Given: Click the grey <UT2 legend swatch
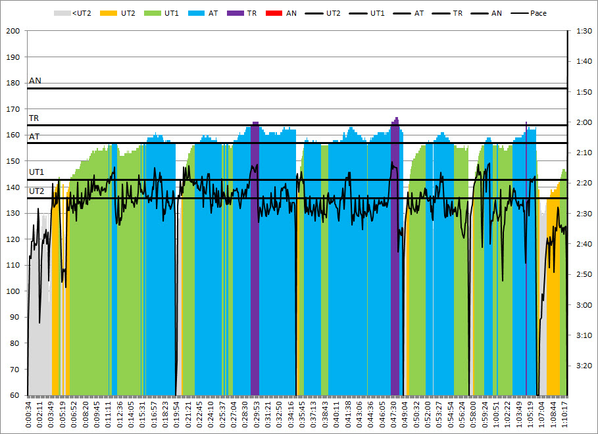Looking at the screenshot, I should click(x=62, y=12).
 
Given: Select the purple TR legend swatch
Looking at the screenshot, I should click(x=235, y=12).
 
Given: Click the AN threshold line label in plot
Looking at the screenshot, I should click(x=35, y=81).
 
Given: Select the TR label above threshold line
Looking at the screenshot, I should click(x=34, y=118).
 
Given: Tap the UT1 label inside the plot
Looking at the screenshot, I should click(x=36, y=172).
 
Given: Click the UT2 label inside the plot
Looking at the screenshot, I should click(x=36, y=191).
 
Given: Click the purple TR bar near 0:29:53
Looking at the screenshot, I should click(x=255, y=263).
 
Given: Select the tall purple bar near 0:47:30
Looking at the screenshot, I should click(x=395, y=263).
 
